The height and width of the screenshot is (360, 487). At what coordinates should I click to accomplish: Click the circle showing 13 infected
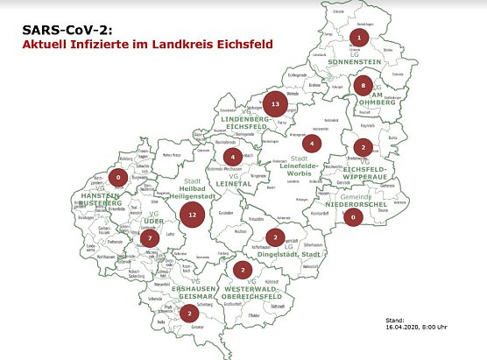tap(275, 104)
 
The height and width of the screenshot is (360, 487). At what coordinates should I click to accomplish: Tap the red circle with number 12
tap(192, 214)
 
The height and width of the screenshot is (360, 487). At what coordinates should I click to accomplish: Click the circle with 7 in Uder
tap(150, 237)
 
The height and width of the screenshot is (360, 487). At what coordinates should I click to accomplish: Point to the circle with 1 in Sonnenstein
tap(359, 37)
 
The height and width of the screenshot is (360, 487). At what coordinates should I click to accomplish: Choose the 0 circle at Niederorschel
tap(353, 216)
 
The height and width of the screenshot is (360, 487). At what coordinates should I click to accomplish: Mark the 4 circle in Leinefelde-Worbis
tap(313, 142)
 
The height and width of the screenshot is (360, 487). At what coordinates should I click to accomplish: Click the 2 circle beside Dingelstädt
tap(275, 236)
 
